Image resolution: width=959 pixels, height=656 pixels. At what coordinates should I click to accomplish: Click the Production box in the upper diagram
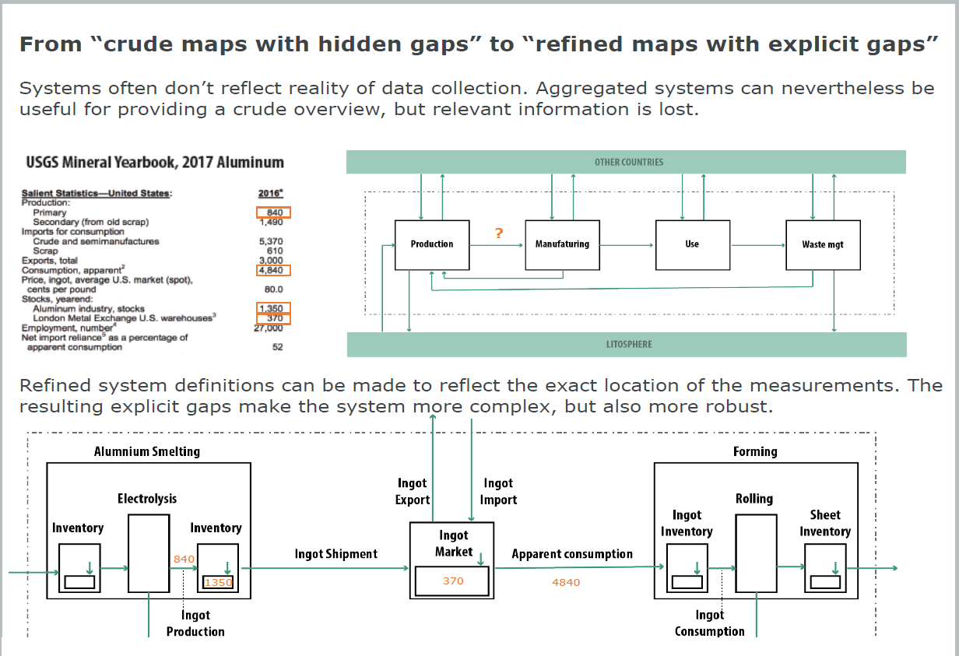(x=432, y=244)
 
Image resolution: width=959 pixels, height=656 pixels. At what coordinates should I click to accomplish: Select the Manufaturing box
(x=562, y=244)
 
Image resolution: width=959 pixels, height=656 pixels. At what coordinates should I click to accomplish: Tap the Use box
(x=692, y=244)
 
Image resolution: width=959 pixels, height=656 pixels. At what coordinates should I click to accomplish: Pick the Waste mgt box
(x=823, y=244)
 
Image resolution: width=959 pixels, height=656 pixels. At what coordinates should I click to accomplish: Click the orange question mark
(x=498, y=233)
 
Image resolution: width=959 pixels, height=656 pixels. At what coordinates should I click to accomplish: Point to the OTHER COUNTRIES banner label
(x=628, y=162)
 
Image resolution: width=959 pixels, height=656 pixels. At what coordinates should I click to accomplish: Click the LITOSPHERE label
(x=629, y=344)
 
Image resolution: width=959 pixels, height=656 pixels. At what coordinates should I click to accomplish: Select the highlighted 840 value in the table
(x=273, y=212)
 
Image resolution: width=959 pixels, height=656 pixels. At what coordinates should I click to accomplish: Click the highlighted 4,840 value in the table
(x=272, y=270)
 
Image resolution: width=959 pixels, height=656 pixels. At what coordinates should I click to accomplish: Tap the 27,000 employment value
(x=269, y=328)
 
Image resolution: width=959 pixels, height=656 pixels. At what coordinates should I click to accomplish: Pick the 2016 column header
(x=270, y=193)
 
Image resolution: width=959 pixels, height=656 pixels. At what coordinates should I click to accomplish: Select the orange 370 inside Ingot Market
(x=453, y=581)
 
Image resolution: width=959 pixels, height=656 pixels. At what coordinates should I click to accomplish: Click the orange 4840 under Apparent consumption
(x=566, y=582)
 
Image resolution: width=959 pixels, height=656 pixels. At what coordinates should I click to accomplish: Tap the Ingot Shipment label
(x=335, y=554)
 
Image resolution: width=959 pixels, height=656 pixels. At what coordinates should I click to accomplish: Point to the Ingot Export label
(x=413, y=492)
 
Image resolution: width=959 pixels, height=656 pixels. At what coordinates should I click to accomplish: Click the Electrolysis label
(x=147, y=499)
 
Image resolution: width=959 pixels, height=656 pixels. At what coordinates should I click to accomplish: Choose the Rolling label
(x=754, y=499)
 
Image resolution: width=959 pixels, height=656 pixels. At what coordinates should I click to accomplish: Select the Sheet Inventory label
(x=824, y=523)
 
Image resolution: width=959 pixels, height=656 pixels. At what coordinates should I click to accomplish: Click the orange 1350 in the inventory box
(x=219, y=582)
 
